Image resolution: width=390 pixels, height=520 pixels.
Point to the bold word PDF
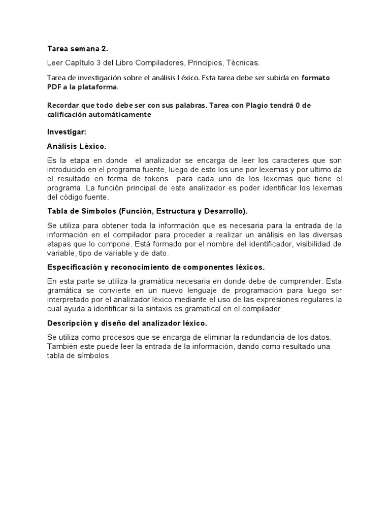pos(55,87)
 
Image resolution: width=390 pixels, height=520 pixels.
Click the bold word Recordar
pos(63,105)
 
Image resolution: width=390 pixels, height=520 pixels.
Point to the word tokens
pos(157,179)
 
